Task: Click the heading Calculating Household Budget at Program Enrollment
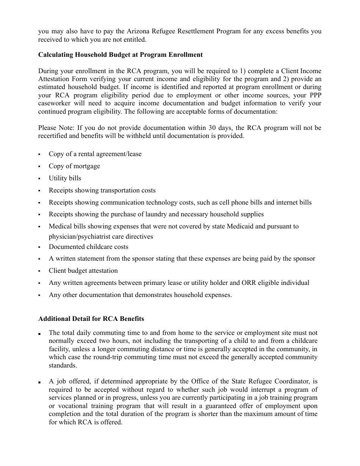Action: [x=120, y=55]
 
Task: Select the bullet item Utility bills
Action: [x=65, y=178]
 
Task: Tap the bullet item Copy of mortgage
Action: [x=74, y=166]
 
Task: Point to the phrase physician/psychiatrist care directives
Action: [x=101, y=236]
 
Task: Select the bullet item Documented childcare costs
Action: [x=88, y=247]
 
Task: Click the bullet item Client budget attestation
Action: [x=83, y=271]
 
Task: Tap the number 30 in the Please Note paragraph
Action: [x=210, y=128]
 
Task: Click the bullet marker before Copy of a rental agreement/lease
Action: [x=39, y=155]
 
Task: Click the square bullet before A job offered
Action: [x=39, y=382]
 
